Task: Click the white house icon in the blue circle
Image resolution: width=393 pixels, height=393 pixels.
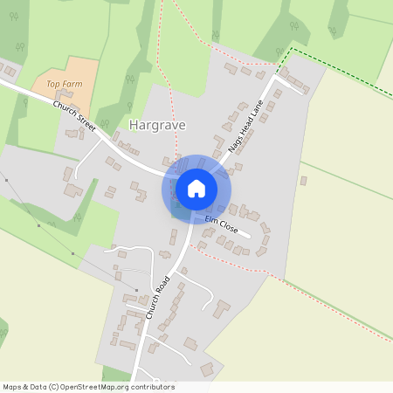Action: [x=196, y=188]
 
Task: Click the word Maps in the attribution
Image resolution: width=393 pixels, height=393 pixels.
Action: [x=13, y=387]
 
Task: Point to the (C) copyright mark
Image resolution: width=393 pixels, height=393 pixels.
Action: [x=54, y=387]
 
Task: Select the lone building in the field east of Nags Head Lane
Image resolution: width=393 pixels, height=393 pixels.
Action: [x=303, y=181]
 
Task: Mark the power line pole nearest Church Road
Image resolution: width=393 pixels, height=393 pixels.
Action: [x=137, y=290]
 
